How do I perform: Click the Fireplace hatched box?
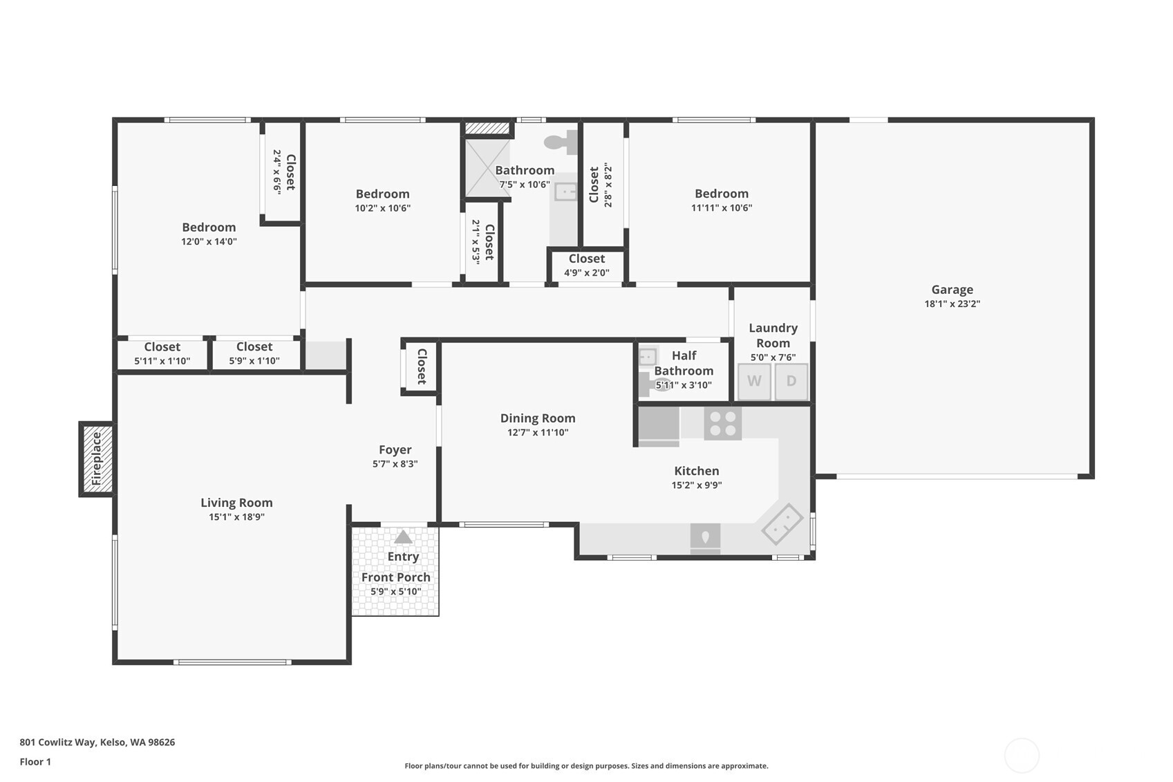pyautogui.click(x=97, y=458)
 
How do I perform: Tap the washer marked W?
pyautogui.click(x=754, y=381)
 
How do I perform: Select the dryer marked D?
pyautogui.click(x=791, y=381)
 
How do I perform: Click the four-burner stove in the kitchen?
pyautogui.click(x=722, y=423)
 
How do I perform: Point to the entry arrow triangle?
pyautogui.click(x=403, y=537)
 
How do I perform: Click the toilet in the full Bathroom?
pyautogui.click(x=561, y=142)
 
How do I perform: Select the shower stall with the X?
pyautogui.click(x=487, y=168)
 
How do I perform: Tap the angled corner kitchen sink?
pyautogui.click(x=782, y=524)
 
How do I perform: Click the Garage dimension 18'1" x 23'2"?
pyautogui.click(x=952, y=304)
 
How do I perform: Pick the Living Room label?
pyautogui.click(x=236, y=503)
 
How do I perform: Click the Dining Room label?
pyautogui.click(x=538, y=418)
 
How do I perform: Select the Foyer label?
pyautogui.click(x=395, y=450)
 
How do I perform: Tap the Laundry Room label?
pyautogui.click(x=773, y=335)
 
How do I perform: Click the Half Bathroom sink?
pyautogui.click(x=648, y=357)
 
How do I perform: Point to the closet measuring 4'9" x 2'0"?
pyautogui.click(x=586, y=266)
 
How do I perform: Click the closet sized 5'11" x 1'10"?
pyautogui.click(x=162, y=353)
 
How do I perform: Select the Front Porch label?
pyautogui.click(x=395, y=577)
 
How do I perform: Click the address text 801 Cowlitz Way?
pyautogui.click(x=97, y=742)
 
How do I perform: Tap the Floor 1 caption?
pyautogui.click(x=35, y=762)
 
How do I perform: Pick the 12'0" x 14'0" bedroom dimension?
pyautogui.click(x=209, y=241)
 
